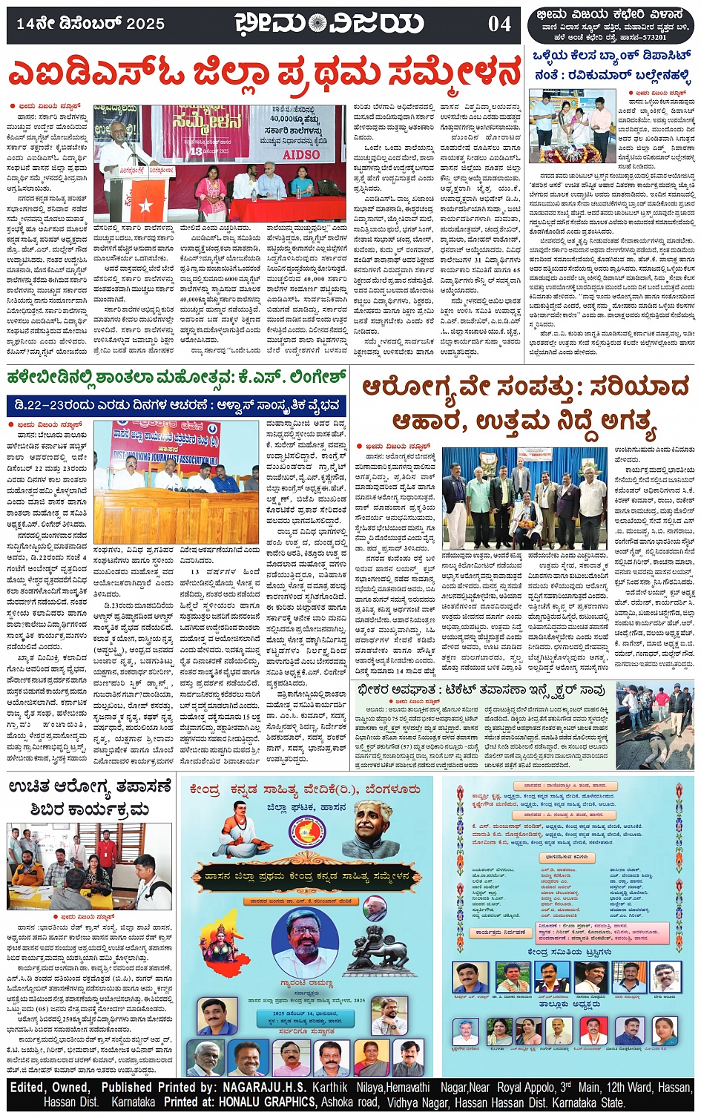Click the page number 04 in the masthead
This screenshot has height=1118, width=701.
(499, 24)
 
